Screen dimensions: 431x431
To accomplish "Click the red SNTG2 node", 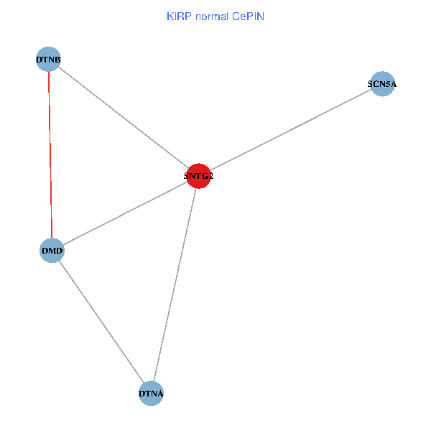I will click(198, 176).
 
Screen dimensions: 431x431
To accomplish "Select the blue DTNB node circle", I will click(48, 59).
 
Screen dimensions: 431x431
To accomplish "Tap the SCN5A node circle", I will click(382, 84).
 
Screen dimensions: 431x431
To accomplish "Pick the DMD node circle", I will click(52, 251).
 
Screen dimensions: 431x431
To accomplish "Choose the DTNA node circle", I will click(151, 393).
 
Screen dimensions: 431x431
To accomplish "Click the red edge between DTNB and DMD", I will click(50, 154).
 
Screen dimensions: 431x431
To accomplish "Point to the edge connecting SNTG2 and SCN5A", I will click(290, 130).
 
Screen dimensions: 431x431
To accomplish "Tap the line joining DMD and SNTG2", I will click(125, 213).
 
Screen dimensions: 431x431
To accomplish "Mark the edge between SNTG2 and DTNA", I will click(175, 284).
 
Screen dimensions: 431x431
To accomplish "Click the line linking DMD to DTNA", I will click(101, 322).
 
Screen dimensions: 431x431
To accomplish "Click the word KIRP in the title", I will click(177, 15).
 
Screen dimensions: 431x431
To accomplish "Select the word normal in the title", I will click(210, 15).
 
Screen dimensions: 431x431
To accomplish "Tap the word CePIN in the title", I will click(248, 15).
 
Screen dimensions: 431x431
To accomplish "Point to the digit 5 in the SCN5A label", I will click(385, 84).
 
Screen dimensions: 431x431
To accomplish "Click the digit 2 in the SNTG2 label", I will click(211, 176).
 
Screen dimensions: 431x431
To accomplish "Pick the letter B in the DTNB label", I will click(57, 60).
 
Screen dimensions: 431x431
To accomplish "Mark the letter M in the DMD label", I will click(52, 251).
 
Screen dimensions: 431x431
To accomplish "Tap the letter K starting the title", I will click(170, 15).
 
